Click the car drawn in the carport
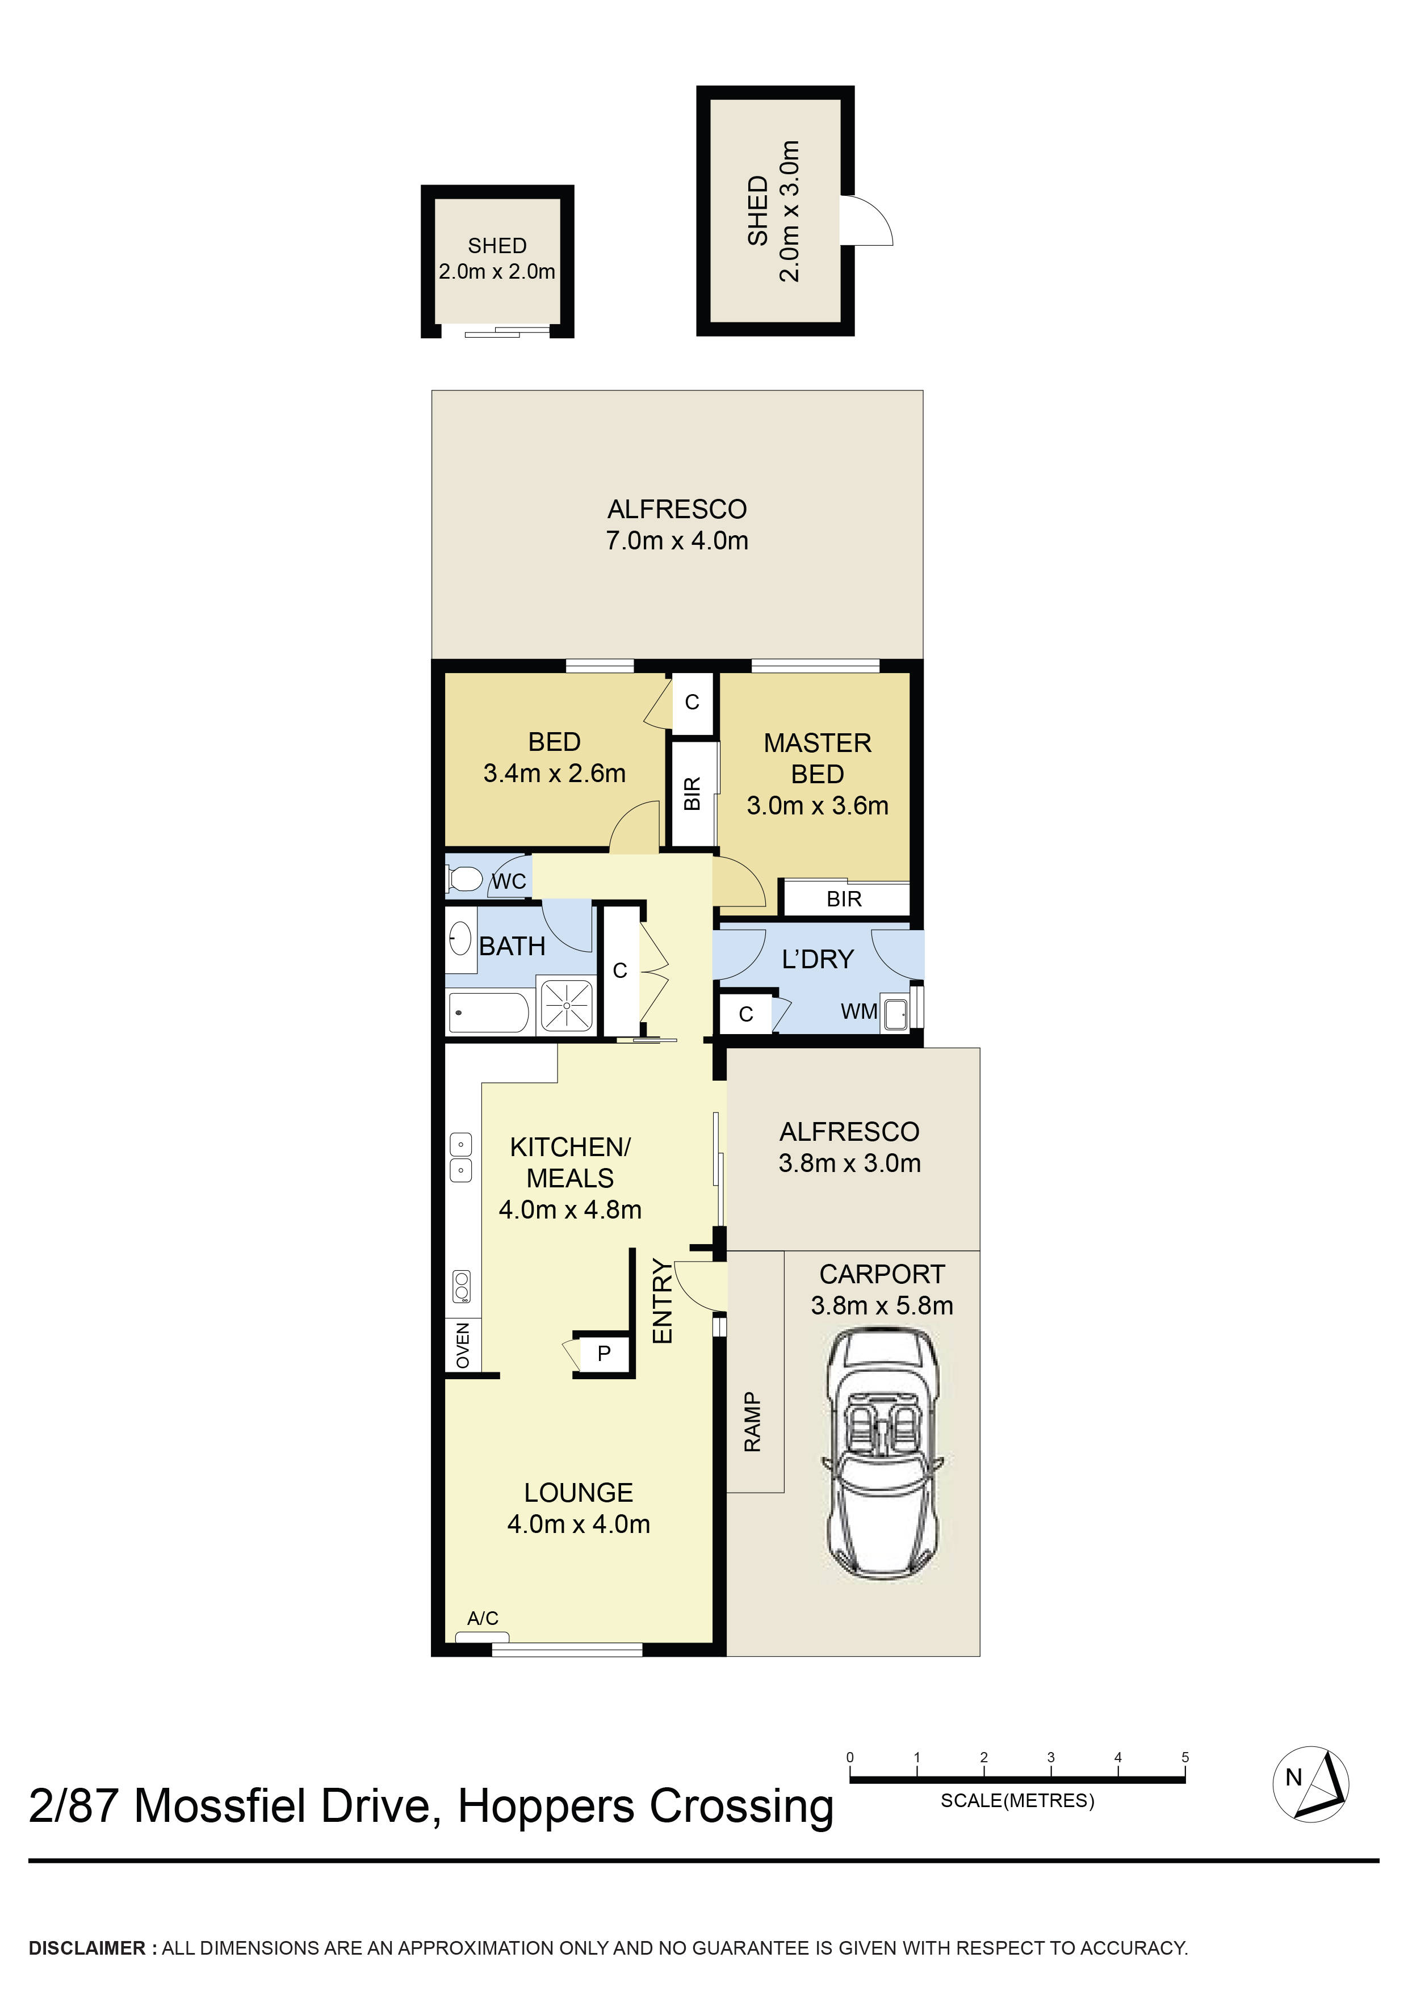pyautogui.click(x=881, y=1454)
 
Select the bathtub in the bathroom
pyautogui.click(x=488, y=1013)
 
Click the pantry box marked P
pyautogui.click(x=604, y=1352)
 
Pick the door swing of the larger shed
pyautogui.click(x=871, y=222)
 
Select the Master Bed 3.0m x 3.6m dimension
pyautogui.click(x=817, y=805)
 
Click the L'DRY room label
pyautogui.click(x=817, y=959)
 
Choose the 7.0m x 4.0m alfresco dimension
pyautogui.click(x=677, y=540)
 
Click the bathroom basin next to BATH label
pyautogui.click(x=460, y=939)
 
